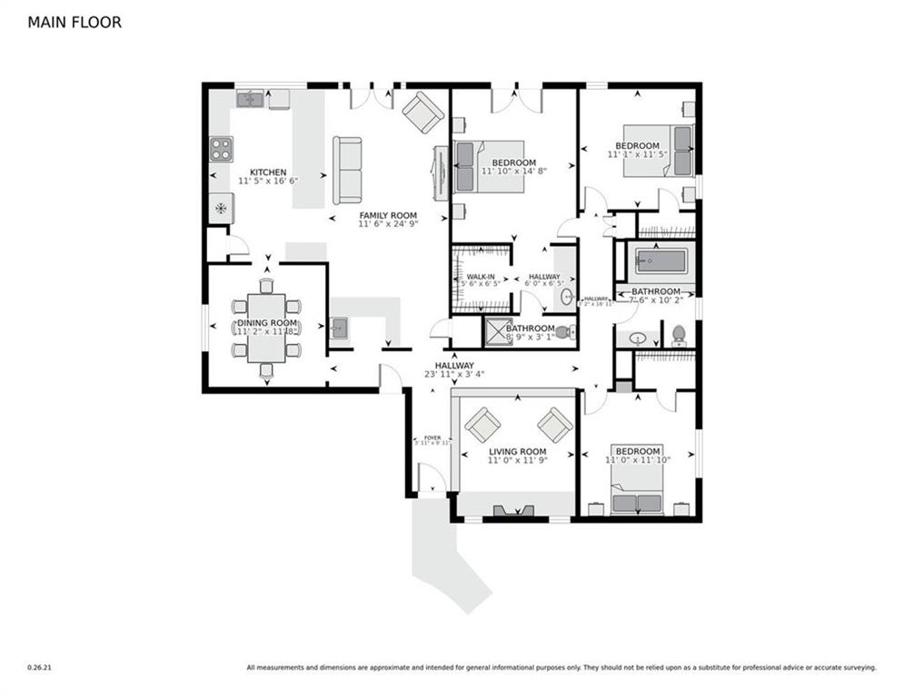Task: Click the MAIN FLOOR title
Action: click(x=75, y=22)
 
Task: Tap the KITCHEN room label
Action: click(x=268, y=172)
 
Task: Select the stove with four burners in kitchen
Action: click(x=221, y=149)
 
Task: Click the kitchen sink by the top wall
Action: click(x=250, y=98)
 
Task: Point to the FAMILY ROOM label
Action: click(x=387, y=215)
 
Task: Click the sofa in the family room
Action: click(x=347, y=170)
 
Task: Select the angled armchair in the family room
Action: click(x=423, y=113)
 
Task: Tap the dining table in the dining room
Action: click(x=266, y=328)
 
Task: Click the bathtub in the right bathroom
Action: click(x=661, y=261)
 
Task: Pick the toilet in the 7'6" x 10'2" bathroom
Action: click(x=678, y=336)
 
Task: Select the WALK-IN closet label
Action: click(x=481, y=277)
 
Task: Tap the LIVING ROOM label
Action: click(x=517, y=451)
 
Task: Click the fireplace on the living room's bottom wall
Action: click(x=514, y=511)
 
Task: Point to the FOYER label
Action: click(x=426, y=437)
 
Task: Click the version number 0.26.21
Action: click(x=39, y=668)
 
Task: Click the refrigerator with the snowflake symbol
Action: click(x=221, y=208)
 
